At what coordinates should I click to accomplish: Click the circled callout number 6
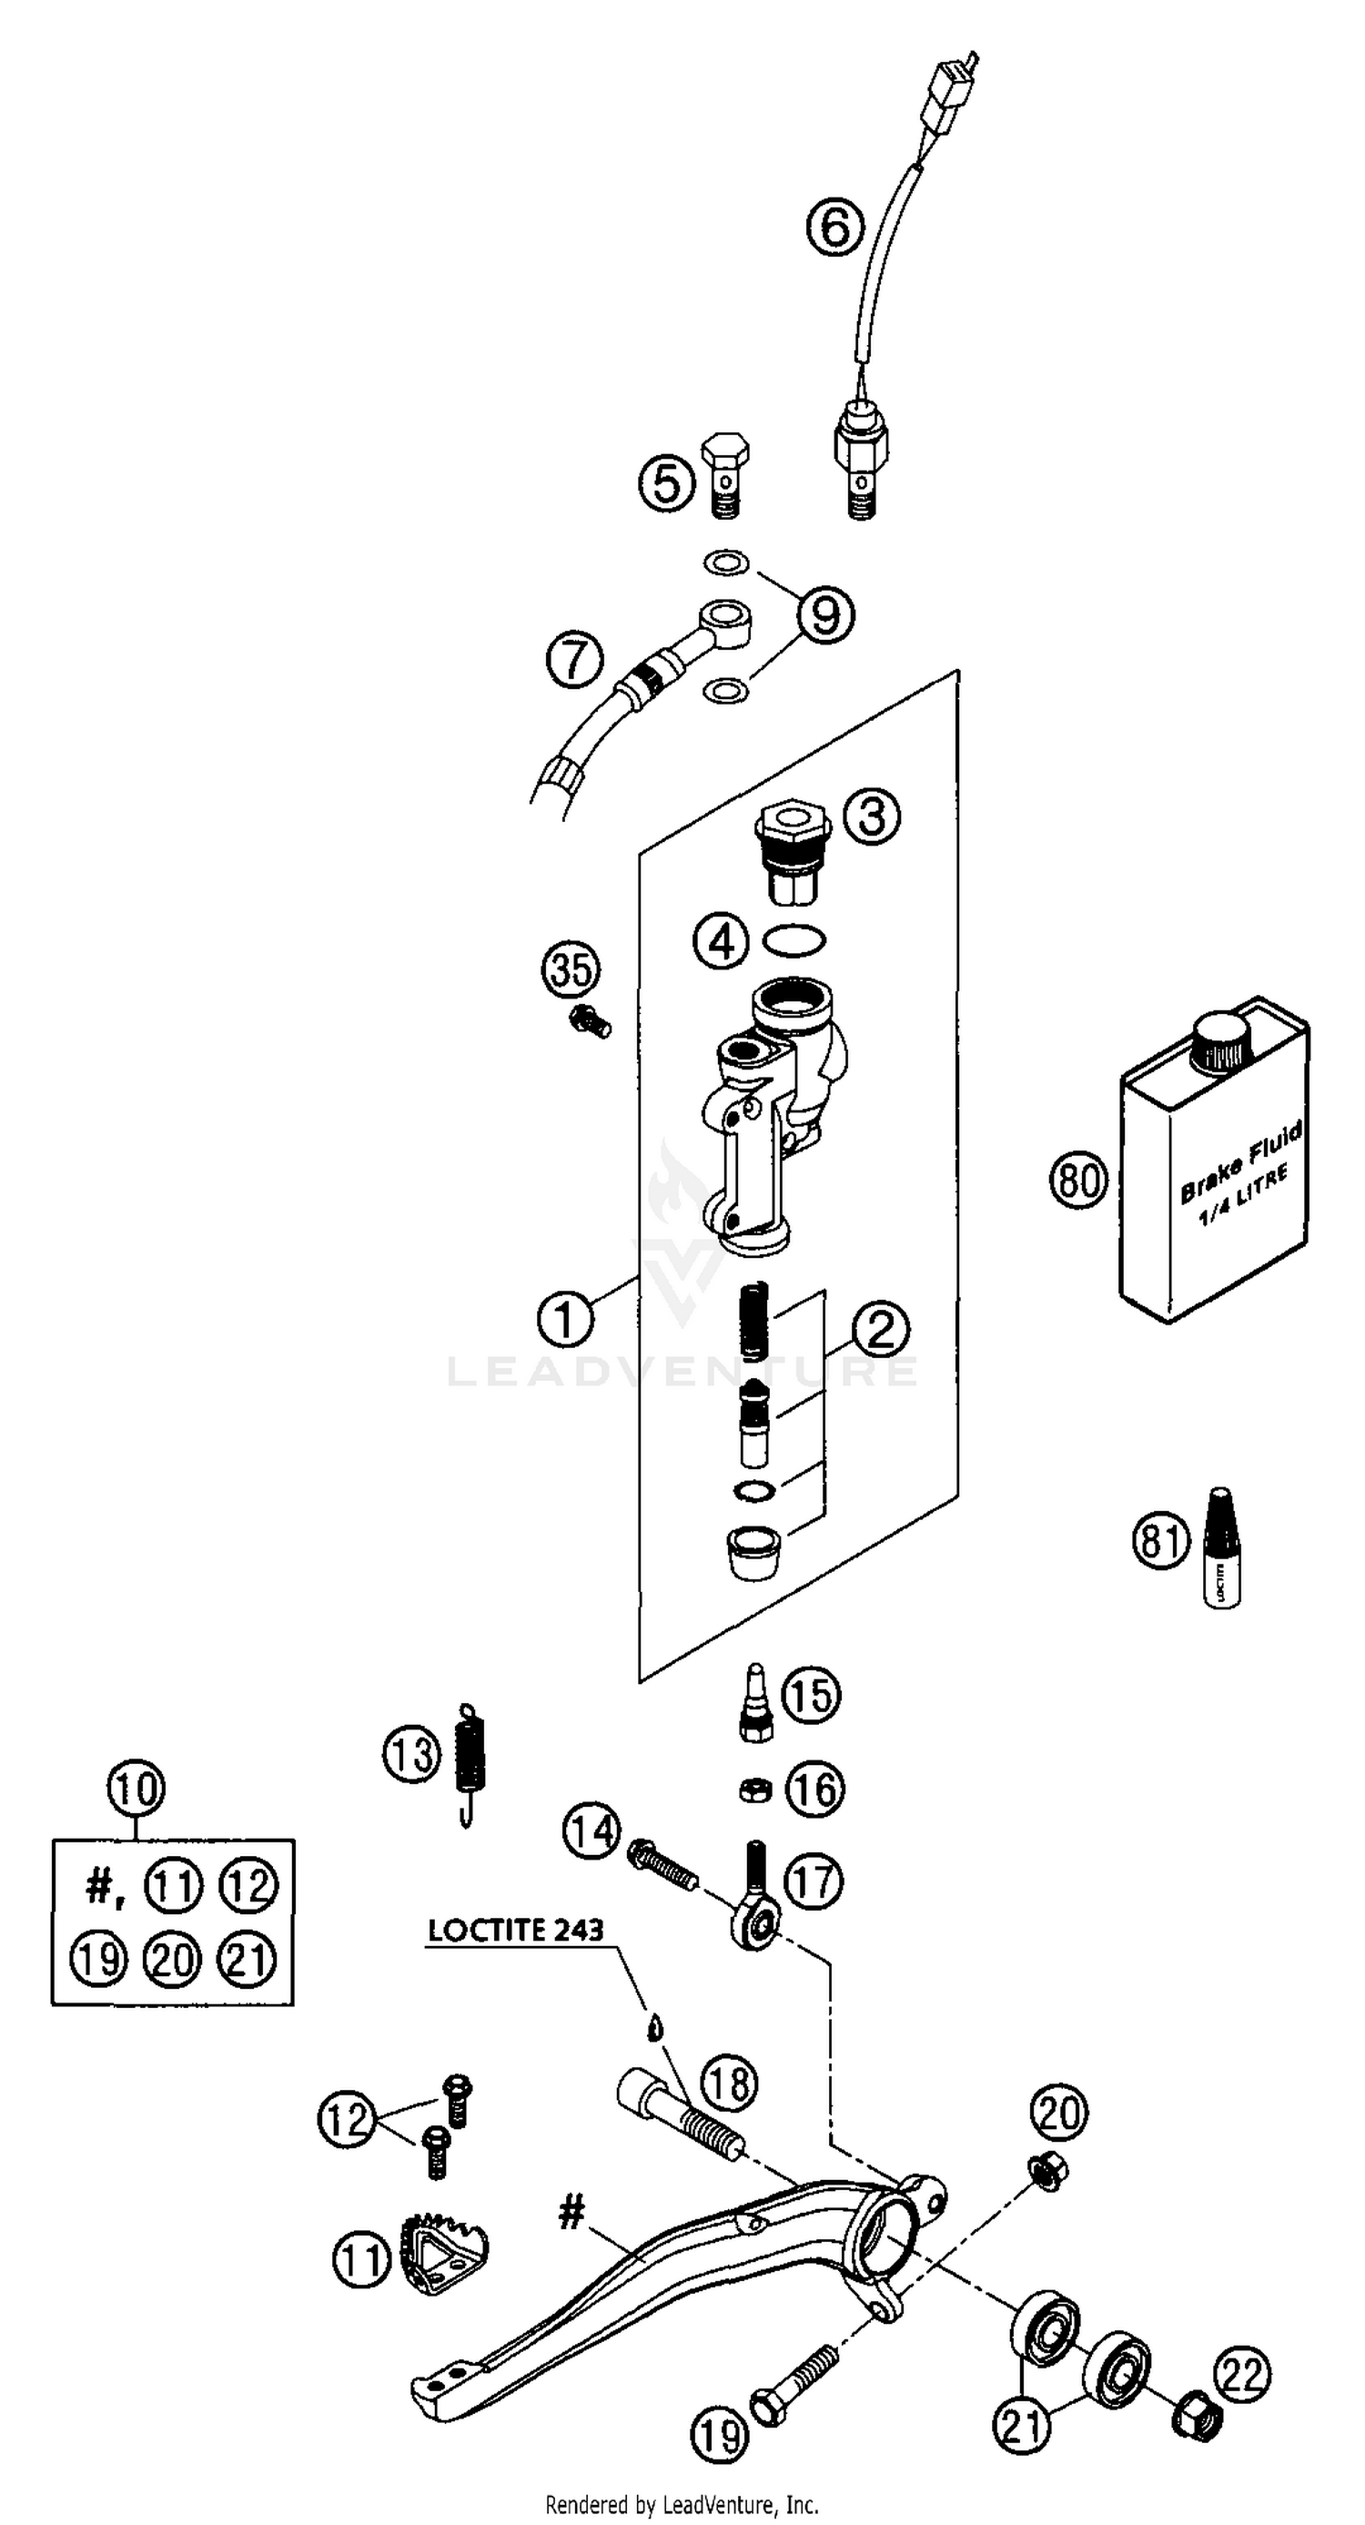click(x=834, y=228)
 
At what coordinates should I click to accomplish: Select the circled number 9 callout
click(x=825, y=615)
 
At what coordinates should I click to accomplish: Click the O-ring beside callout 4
click(x=794, y=942)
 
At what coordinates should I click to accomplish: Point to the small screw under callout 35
click(x=589, y=1021)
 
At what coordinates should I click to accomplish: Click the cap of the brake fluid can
click(x=1222, y=1045)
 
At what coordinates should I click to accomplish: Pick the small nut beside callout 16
click(x=754, y=1790)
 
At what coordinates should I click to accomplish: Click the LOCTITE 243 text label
click(x=515, y=1930)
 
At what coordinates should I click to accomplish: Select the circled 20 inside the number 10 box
click(x=173, y=1961)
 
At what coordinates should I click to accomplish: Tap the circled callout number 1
click(x=565, y=1318)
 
